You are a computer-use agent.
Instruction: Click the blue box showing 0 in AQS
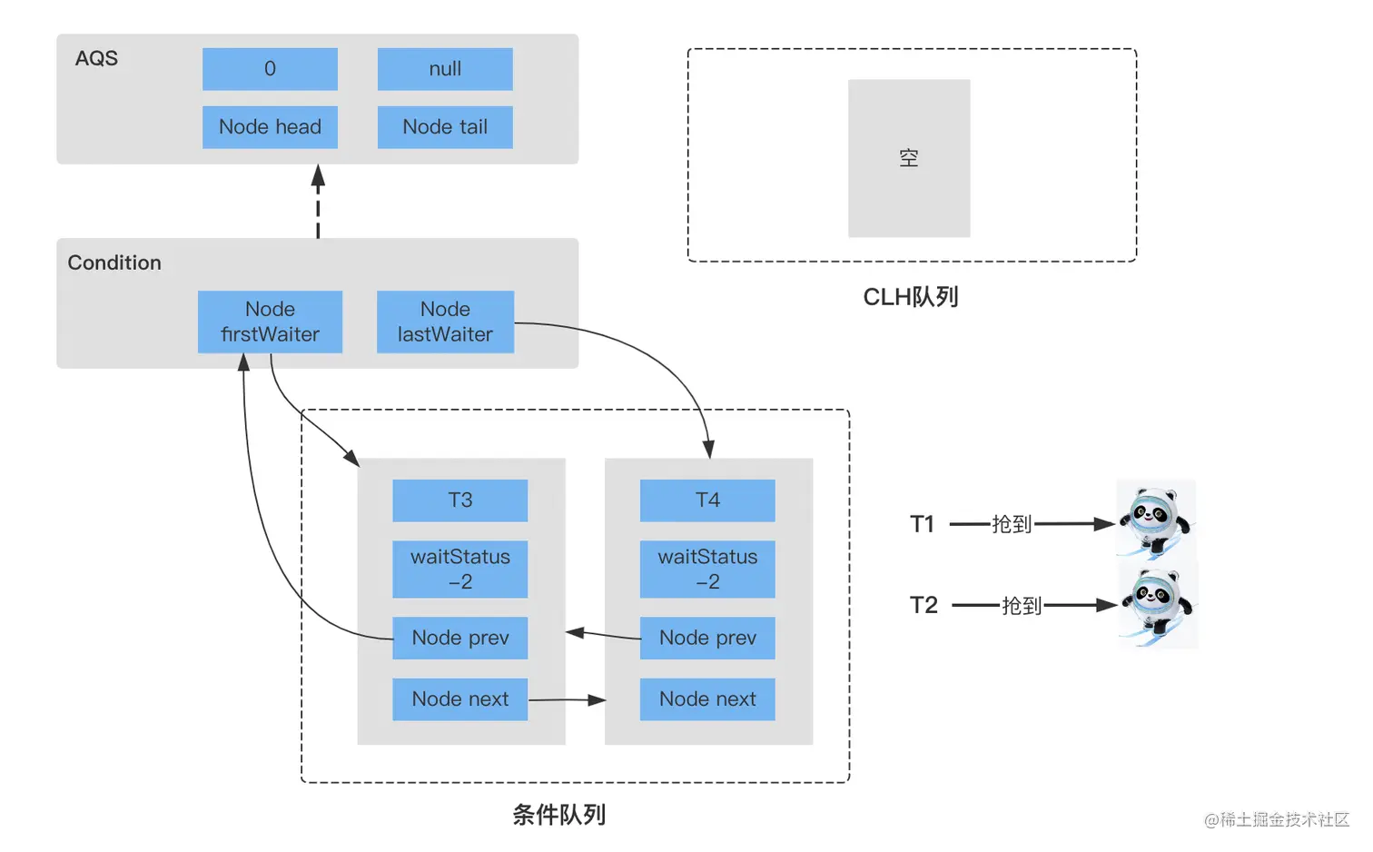(270, 69)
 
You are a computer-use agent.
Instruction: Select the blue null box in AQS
(445, 69)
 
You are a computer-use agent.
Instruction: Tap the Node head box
(270, 127)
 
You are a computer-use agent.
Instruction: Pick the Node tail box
(445, 127)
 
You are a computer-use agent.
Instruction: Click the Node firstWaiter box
(270, 322)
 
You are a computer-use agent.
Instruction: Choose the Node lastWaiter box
(445, 322)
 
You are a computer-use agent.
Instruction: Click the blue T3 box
(459, 500)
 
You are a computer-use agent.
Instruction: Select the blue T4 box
(707, 500)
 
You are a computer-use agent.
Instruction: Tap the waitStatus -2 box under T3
(459, 570)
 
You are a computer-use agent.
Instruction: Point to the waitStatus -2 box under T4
(707, 570)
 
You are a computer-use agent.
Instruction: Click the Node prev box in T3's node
(459, 638)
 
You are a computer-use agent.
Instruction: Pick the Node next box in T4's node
(707, 699)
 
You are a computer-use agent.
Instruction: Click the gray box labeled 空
(909, 158)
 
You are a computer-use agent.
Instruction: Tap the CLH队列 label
(910, 297)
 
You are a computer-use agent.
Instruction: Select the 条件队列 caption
(558, 815)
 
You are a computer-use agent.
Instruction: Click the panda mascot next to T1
(1155, 520)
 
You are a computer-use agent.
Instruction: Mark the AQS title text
(96, 58)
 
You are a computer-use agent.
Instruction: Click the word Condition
(114, 263)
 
